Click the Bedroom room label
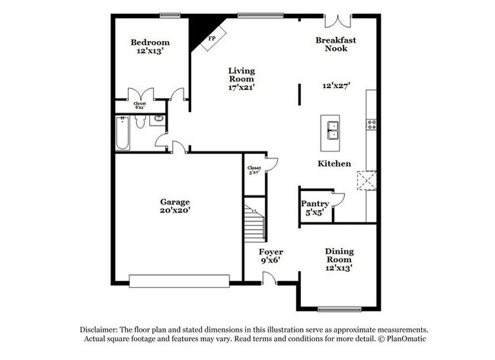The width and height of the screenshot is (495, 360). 149,42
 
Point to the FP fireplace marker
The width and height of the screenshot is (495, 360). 212,37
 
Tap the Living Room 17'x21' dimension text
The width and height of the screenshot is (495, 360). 241,87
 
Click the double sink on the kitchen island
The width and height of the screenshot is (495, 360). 333,130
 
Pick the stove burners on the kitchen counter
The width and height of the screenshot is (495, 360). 372,124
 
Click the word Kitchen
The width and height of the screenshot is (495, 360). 334,164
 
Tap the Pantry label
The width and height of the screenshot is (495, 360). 315,203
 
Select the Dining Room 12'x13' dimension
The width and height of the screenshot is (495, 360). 340,267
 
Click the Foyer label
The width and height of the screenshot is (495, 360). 271,251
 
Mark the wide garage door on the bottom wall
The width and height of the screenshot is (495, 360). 178,282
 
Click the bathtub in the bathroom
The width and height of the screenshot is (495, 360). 122,133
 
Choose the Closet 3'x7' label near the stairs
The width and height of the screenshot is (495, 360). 254,170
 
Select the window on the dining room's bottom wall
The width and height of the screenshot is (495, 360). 339,308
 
